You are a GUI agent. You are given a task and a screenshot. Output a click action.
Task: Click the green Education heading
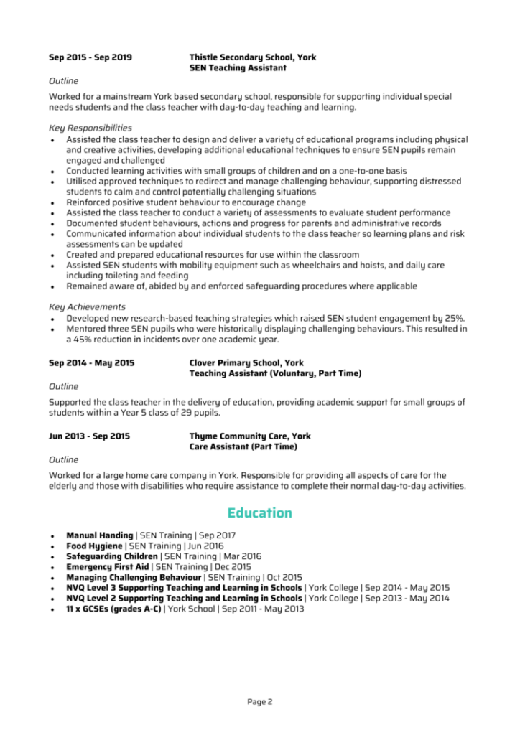tap(259, 513)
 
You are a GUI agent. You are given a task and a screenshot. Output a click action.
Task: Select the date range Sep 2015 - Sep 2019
tap(90, 57)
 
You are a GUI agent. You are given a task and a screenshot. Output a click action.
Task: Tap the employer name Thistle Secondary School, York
tap(252, 57)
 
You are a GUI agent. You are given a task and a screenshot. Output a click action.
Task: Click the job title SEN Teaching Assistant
tap(238, 68)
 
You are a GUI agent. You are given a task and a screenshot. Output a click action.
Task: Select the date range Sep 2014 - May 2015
tap(91, 363)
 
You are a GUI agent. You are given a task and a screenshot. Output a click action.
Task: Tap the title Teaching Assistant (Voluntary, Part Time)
tap(275, 374)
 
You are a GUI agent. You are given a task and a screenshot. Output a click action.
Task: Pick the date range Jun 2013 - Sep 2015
tap(90, 436)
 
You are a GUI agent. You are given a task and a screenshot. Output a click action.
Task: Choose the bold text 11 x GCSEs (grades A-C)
tap(113, 609)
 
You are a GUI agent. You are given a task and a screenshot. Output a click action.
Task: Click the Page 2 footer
tap(259, 701)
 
